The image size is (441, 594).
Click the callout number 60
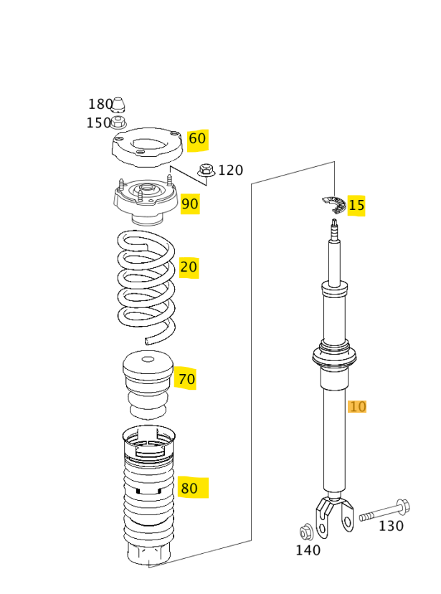197,139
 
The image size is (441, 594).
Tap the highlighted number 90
189,204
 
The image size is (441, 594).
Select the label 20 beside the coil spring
188,268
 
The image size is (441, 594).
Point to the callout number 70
186,379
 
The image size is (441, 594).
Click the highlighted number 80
189,489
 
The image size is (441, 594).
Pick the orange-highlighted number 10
357,407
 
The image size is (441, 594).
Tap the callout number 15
356,206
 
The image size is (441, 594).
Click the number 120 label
230,171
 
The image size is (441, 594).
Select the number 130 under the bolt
391,526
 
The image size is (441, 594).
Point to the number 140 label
308,550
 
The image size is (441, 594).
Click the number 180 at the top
100,105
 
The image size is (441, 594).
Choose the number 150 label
98,123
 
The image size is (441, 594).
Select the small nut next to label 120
207,171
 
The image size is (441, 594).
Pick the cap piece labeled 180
119,105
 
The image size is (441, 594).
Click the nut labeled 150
119,123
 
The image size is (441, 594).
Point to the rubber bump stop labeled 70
148,383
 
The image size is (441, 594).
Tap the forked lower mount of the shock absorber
335,514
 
